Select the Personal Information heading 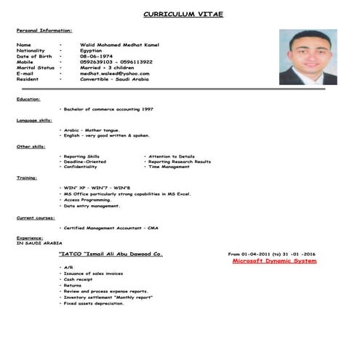[x=44, y=31]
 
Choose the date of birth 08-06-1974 [x=97, y=57]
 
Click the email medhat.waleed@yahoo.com [x=115, y=73]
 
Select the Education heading [x=28, y=99]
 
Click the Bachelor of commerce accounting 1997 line [x=108, y=109]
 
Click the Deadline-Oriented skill [x=85, y=161]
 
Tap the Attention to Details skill [x=172, y=156]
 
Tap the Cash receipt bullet [x=78, y=279]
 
